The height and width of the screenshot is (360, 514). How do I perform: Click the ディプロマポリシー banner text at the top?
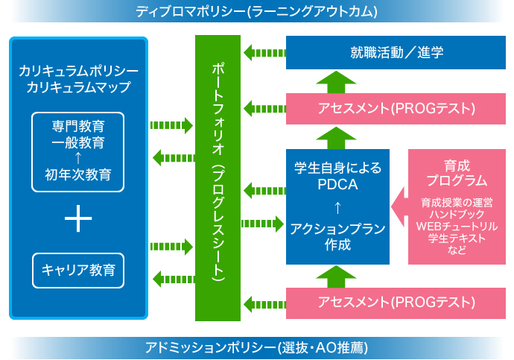[257, 11]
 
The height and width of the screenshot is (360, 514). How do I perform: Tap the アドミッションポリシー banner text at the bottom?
[257, 347]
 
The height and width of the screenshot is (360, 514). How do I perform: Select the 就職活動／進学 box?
[396, 52]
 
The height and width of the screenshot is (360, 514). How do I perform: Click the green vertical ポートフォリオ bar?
[218, 178]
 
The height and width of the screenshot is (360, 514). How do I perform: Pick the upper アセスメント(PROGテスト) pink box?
[396, 109]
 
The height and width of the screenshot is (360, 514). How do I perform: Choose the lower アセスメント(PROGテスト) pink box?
[396, 303]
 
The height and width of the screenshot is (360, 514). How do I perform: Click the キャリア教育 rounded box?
[78, 271]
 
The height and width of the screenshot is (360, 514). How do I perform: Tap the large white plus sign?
[78, 218]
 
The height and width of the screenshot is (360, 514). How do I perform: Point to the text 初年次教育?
[78, 174]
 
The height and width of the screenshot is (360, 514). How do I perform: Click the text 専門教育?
[78, 126]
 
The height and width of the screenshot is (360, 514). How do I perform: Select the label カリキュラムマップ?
[78, 87]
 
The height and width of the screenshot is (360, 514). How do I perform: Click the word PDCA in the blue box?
[337, 184]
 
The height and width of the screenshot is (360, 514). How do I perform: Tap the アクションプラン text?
[337, 229]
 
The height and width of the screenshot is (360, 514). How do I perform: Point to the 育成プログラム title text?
[457, 173]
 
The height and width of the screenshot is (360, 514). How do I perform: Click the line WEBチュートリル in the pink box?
[457, 227]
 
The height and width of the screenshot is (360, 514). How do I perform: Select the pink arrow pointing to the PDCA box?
[399, 207]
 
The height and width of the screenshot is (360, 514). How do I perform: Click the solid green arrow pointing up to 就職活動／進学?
[336, 82]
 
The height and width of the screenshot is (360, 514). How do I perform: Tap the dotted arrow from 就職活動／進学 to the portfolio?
[265, 52]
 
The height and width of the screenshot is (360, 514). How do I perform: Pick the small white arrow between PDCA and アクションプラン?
[337, 207]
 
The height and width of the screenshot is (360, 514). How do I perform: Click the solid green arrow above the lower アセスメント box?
[336, 277]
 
